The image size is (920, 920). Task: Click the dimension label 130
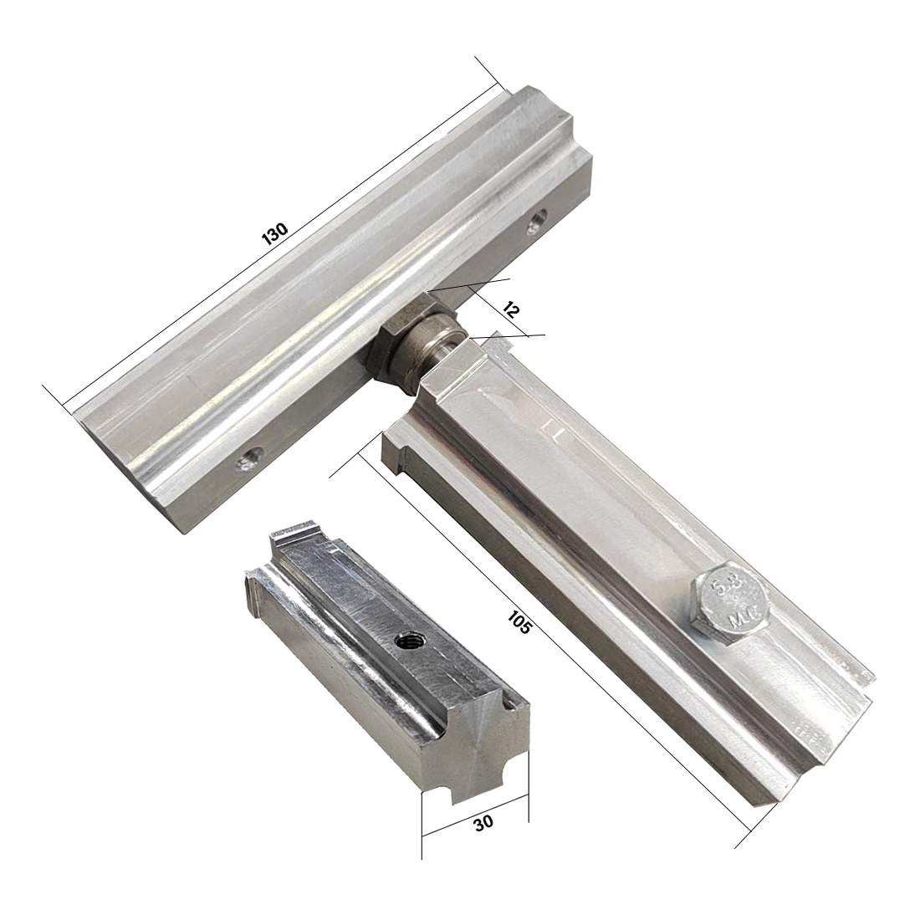pos(274,233)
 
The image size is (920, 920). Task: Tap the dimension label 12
pos(510,309)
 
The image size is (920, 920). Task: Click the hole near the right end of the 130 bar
pos(535,224)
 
